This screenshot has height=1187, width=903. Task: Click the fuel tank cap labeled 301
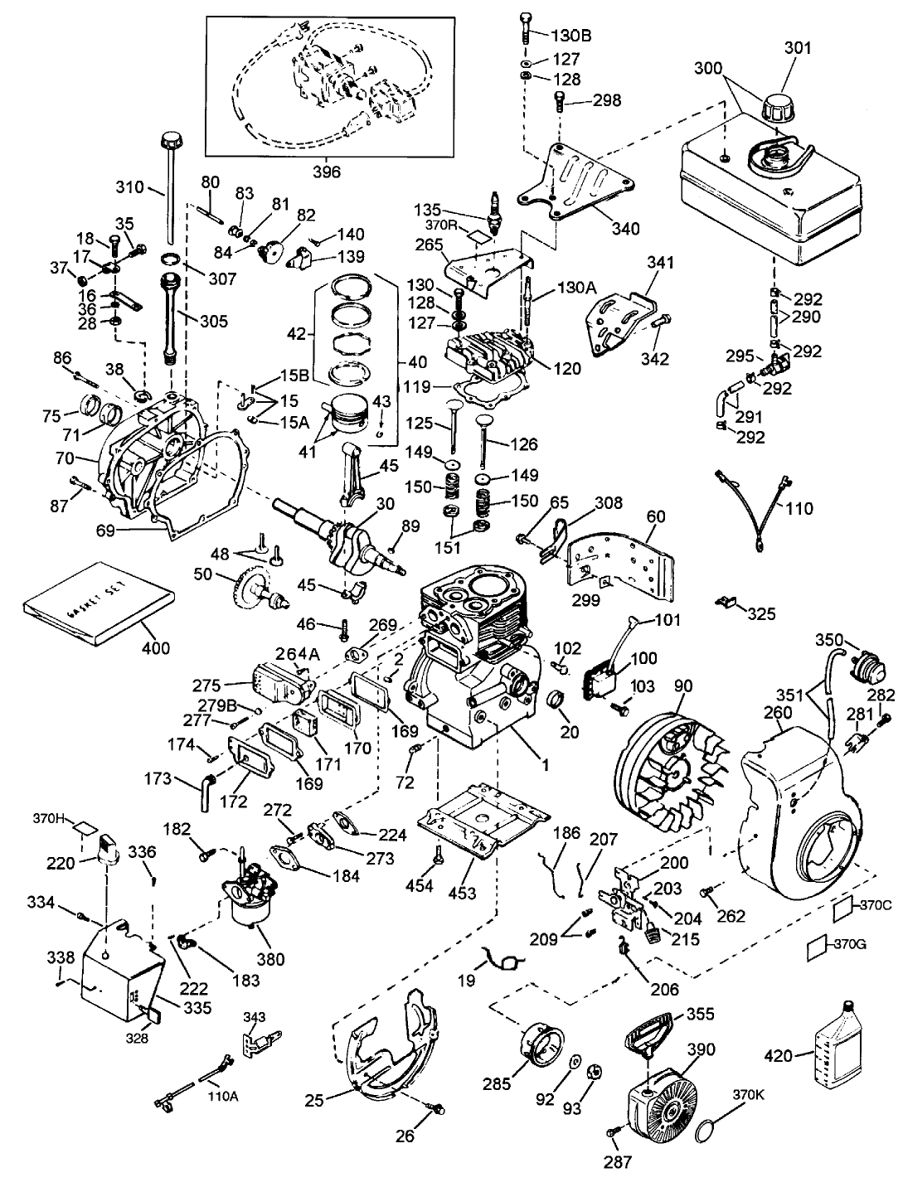pyautogui.click(x=780, y=109)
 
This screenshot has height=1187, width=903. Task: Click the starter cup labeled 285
pyautogui.click(x=542, y=1045)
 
